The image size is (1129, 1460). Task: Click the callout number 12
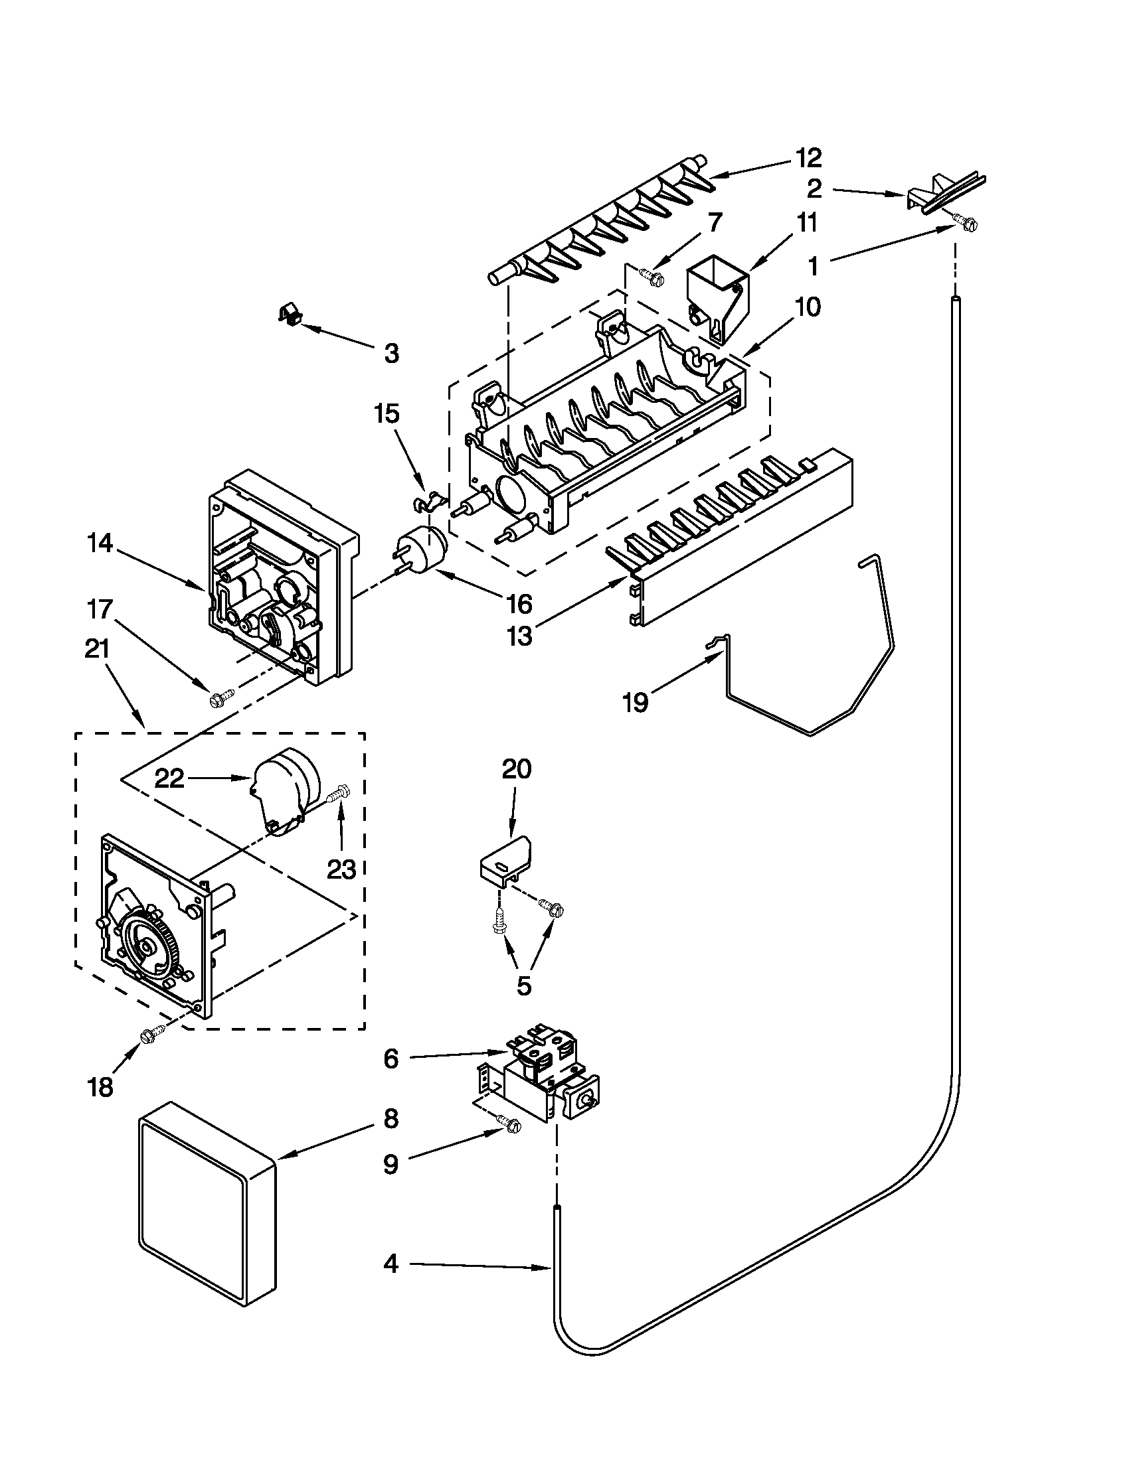[808, 159]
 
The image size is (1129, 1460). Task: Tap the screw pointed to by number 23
[340, 794]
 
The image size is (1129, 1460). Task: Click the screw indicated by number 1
[965, 226]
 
